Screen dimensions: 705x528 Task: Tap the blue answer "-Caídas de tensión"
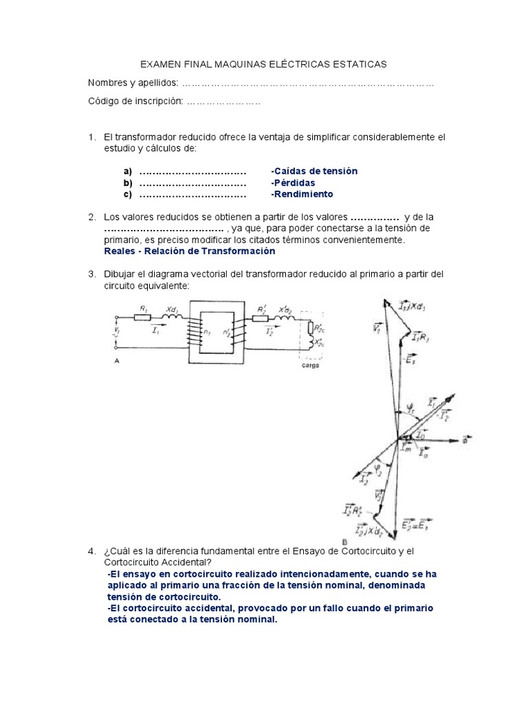click(314, 171)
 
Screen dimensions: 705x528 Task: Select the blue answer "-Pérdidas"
click(293, 182)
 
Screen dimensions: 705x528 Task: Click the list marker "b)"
click(127, 182)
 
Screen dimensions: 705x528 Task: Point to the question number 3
click(91, 274)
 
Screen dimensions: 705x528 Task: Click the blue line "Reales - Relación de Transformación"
click(184, 251)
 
